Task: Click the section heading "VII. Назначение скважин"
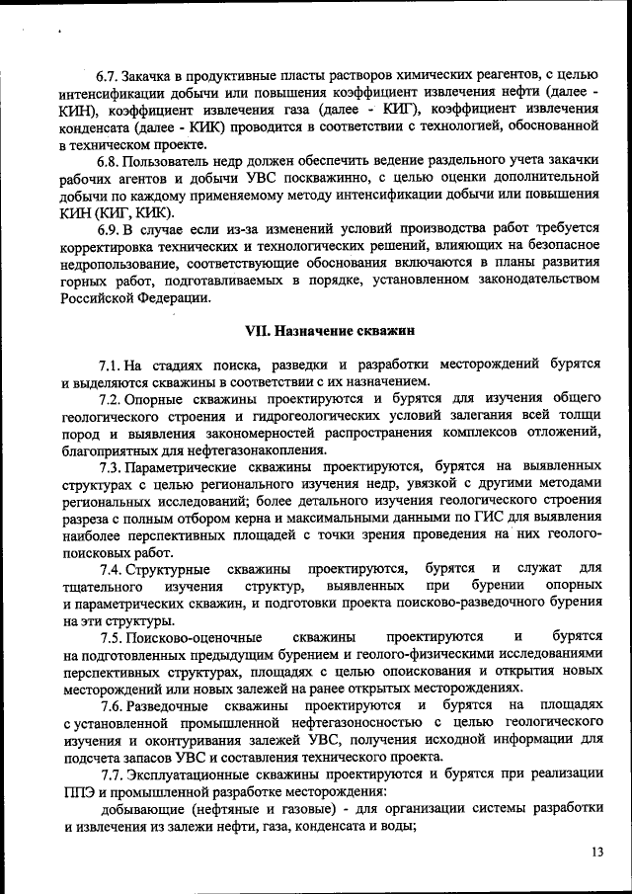click(330, 328)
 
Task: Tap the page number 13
click(597, 852)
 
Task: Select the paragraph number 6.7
click(107, 76)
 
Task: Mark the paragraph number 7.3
click(112, 465)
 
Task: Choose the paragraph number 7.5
click(112, 637)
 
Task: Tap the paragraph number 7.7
click(113, 773)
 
